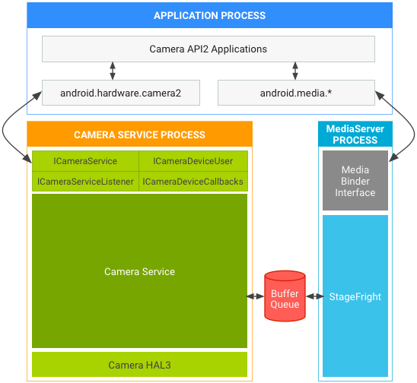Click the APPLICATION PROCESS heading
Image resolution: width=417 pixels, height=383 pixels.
pyautogui.click(x=209, y=15)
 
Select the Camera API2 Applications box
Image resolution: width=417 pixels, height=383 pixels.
pyautogui.click(x=208, y=49)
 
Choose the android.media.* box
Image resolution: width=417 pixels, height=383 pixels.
pyautogui.click(x=296, y=93)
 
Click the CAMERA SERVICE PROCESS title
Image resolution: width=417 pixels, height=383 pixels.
pyautogui.click(x=139, y=135)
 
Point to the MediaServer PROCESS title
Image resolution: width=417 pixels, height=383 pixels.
pyautogui.click(x=355, y=135)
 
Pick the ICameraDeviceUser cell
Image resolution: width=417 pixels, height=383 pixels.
pyautogui.click(x=193, y=161)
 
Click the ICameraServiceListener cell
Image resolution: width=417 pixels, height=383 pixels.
pyautogui.click(x=85, y=182)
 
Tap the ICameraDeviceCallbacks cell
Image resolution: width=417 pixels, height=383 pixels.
pyautogui.click(x=193, y=182)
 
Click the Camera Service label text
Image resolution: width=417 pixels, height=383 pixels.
pyautogui.click(x=139, y=271)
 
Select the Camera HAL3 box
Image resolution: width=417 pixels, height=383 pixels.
pyautogui.click(x=139, y=365)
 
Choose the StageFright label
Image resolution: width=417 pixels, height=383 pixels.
pyautogui.click(x=355, y=296)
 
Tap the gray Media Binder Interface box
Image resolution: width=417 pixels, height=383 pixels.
pyautogui.click(x=355, y=181)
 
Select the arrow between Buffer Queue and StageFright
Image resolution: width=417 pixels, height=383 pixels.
pyautogui.click(x=319, y=296)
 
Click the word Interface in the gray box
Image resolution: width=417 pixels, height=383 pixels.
pyautogui.click(x=355, y=193)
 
